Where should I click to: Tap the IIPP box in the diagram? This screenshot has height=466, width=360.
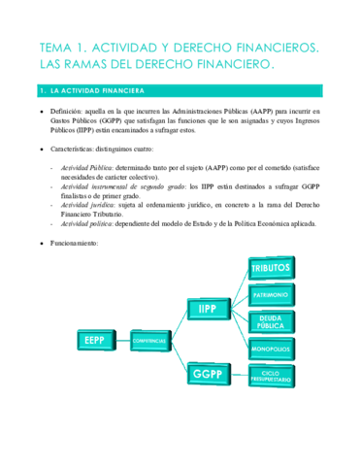click(207, 309)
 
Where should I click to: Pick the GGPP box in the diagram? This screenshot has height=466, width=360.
click(207, 375)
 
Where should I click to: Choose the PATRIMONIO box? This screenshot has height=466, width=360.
click(271, 294)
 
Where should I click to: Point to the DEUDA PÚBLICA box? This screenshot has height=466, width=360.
click(271, 321)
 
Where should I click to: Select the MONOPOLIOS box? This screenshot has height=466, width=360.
click(271, 348)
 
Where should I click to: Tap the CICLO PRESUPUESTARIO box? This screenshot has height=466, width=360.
click(271, 375)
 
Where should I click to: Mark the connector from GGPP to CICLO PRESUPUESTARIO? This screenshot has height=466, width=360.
click(237, 375)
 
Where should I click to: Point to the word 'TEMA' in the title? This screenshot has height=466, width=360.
click(57, 47)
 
